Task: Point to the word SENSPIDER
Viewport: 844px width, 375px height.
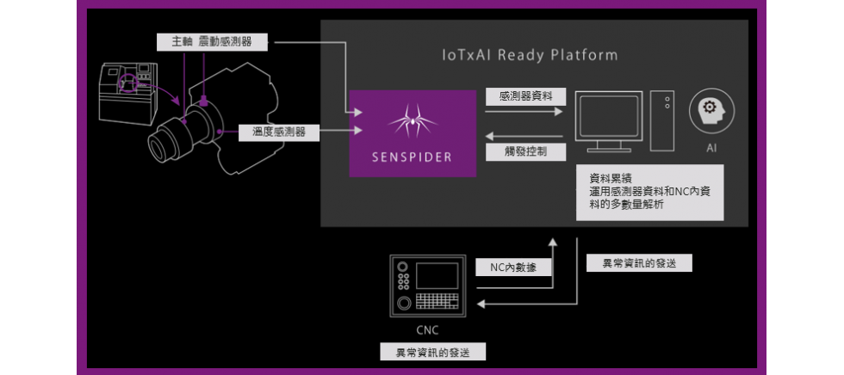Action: point(412,158)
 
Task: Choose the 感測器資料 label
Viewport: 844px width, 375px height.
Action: point(519,97)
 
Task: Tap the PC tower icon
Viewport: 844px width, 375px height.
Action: point(662,117)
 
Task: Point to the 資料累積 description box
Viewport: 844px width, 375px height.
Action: point(650,194)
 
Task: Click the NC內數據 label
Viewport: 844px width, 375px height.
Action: point(513,267)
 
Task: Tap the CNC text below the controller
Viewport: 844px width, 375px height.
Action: point(427,329)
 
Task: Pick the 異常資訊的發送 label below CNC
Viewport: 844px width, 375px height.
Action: point(433,352)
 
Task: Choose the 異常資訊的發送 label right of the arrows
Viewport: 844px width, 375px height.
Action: point(637,264)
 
